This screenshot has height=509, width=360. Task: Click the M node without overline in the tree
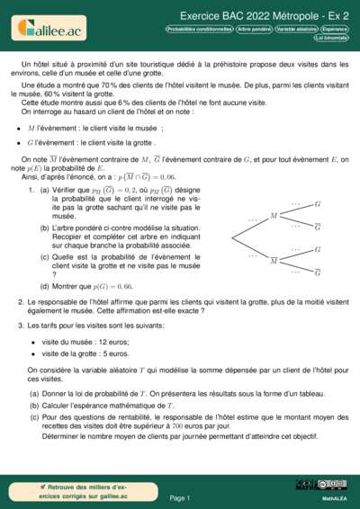pos(274,216)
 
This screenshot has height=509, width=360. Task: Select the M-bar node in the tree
pos(274,260)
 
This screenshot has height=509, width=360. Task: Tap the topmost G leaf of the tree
pos(318,204)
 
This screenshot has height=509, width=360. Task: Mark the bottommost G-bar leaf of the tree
pos(318,272)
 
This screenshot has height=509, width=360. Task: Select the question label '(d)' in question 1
pos(45,286)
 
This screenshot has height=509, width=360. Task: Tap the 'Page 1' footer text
pos(179,497)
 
